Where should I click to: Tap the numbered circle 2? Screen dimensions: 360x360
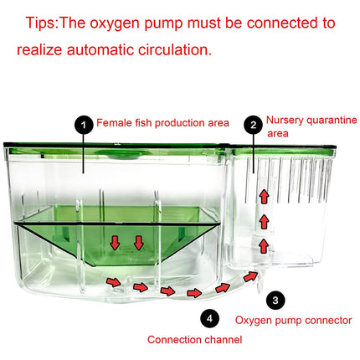point(252,125)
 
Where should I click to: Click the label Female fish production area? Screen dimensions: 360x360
point(162,123)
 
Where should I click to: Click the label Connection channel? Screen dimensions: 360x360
point(194,340)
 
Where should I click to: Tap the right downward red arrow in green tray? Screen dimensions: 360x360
point(137,243)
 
